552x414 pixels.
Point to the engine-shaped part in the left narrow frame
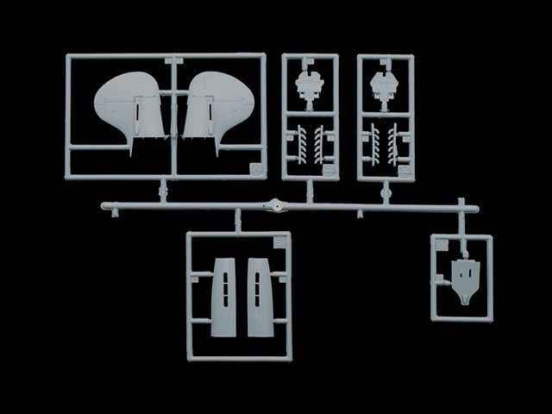[310, 86]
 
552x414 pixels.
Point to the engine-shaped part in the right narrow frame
[385, 86]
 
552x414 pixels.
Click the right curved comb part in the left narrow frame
[320, 143]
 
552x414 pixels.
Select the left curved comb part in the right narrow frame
[374, 143]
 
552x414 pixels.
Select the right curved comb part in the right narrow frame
[395, 143]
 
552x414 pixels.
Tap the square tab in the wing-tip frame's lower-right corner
[255, 169]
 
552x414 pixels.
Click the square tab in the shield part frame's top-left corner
[440, 245]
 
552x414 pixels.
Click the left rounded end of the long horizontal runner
[104, 207]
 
